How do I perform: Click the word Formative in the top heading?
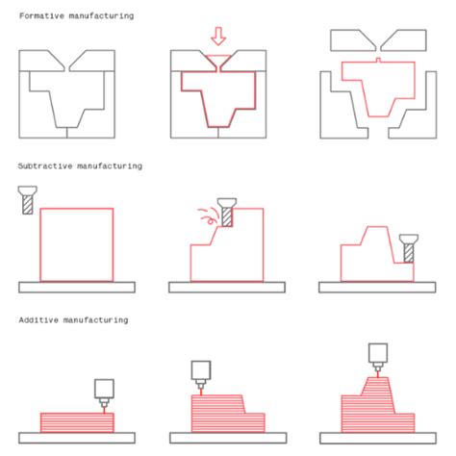coord(41,16)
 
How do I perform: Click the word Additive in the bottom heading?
coord(38,319)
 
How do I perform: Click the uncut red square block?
coord(76,244)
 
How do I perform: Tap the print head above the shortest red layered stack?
coord(104,389)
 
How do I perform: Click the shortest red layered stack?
coord(76,420)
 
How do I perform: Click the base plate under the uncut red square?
coord(76,287)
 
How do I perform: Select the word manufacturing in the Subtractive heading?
coord(110,166)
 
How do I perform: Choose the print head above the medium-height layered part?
coord(200,373)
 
